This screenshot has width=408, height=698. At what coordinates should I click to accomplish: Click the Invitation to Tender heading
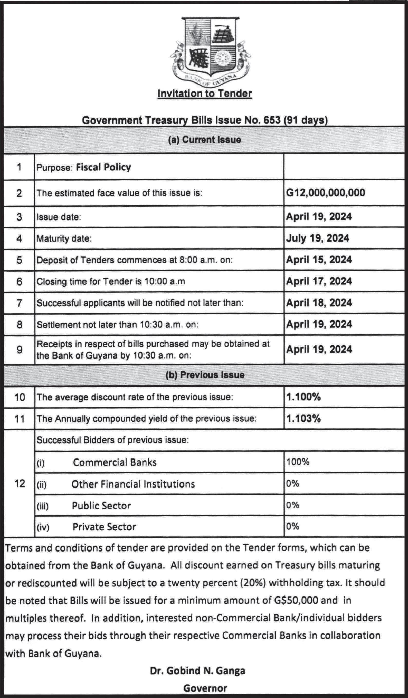click(205, 94)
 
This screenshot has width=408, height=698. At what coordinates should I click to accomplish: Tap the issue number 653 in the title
click(272, 120)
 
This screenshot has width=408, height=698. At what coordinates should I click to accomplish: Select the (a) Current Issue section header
click(205, 140)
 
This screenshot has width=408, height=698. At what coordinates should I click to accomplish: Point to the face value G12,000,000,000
click(325, 193)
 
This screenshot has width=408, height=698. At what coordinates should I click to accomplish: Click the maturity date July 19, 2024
click(317, 238)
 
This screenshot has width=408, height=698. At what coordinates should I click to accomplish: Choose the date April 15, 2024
click(319, 260)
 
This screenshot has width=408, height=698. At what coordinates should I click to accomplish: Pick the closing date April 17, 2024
click(319, 281)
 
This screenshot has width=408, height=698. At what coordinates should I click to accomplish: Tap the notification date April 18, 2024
click(319, 303)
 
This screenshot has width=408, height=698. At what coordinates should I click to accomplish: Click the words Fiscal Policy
click(103, 167)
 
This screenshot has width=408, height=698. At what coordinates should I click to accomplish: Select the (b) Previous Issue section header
click(205, 375)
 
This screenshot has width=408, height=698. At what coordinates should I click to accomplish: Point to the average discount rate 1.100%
click(303, 397)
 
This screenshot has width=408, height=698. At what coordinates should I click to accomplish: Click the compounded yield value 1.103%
click(303, 419)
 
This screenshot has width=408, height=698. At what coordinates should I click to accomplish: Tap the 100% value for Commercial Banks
click(298, 462)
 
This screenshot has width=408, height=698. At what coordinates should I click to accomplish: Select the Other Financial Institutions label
click(133, 484)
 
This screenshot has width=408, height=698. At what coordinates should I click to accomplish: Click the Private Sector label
click(104, 527)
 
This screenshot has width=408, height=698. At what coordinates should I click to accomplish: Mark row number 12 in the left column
click(19, 484)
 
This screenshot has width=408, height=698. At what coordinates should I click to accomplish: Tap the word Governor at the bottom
click(205, 688)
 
